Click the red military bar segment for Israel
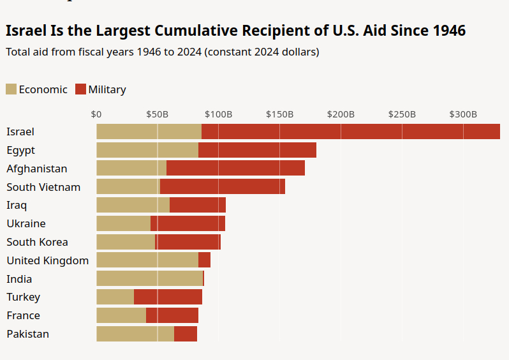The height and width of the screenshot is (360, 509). [351, 131]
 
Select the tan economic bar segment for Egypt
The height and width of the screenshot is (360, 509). [147, 150]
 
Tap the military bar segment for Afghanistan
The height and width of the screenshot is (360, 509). [235, 169]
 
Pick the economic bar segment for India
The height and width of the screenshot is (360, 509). [149, 279]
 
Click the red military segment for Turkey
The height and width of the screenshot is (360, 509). [168, 297]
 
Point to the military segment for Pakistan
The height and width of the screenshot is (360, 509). [186, 334]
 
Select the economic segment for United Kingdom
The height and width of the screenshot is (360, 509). [147, 260]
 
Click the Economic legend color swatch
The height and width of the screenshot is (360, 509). [11, 89]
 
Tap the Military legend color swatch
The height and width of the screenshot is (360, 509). [80, 89]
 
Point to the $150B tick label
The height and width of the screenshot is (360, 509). [279, 115]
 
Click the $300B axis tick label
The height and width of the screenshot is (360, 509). [463, 115]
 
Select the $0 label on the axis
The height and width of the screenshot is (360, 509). [96, 115]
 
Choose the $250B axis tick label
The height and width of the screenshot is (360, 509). [402, 115]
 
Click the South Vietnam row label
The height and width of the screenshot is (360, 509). [43, 187]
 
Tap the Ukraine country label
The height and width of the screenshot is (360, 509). [26, 223]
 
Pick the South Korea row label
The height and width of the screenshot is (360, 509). [37, 242]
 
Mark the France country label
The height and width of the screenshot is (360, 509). [23, 315]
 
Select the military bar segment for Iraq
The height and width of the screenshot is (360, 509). [198, 205]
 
